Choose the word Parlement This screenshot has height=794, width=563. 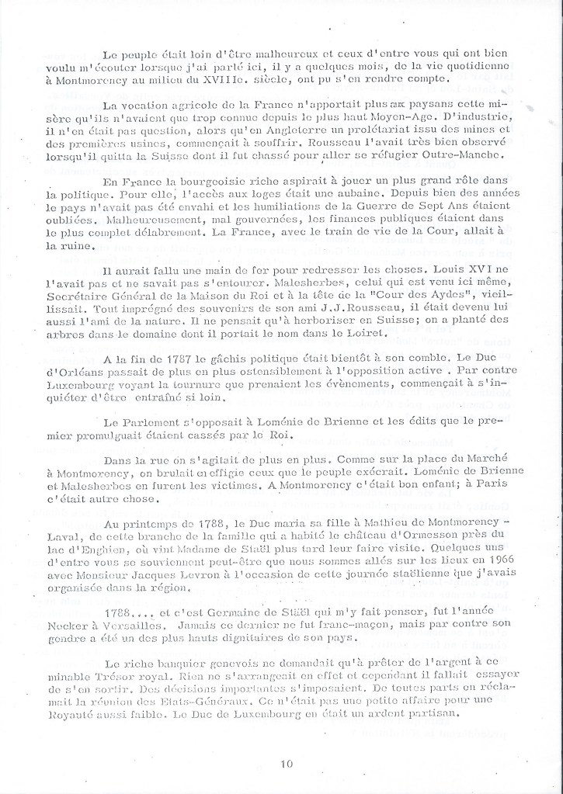click(151, 421)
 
